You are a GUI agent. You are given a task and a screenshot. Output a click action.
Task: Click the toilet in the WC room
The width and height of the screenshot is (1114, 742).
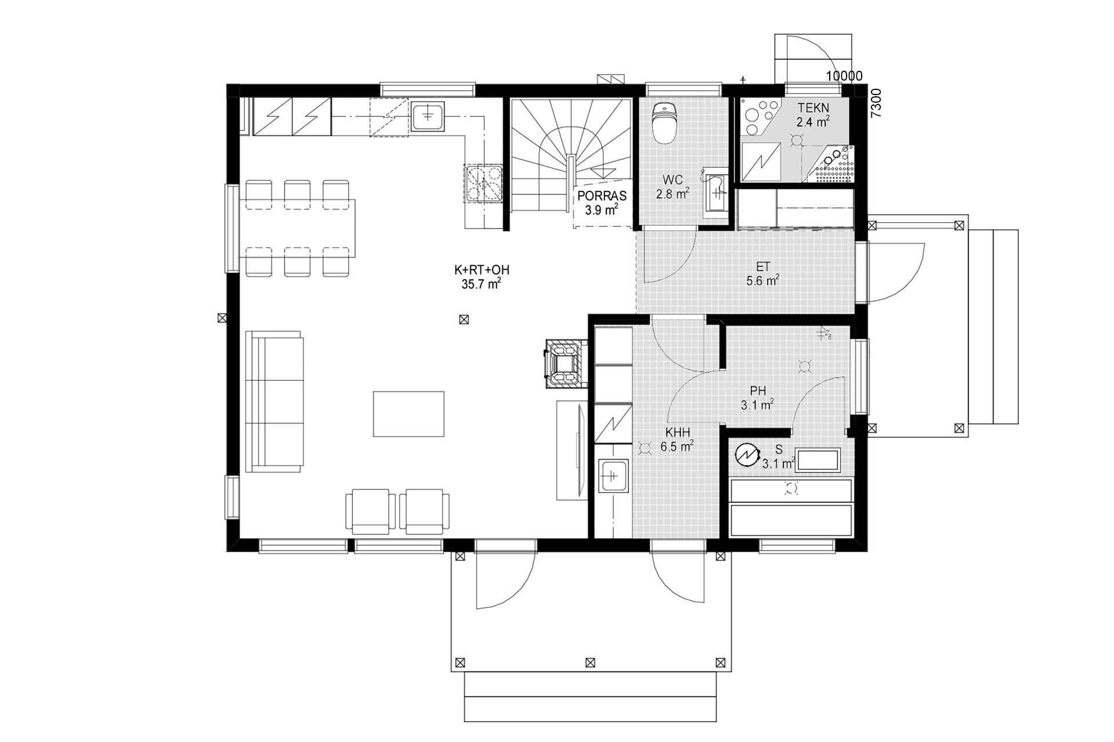[663, 123]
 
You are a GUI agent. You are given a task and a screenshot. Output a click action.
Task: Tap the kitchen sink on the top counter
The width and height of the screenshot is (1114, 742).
[428, 116]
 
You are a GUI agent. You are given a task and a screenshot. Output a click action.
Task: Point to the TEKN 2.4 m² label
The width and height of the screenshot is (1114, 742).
[812, 114]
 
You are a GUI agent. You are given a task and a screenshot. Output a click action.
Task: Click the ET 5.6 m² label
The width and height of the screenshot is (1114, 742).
[762, 274]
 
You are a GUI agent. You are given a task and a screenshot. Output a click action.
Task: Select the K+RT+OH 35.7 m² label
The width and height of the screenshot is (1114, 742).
[478, 277]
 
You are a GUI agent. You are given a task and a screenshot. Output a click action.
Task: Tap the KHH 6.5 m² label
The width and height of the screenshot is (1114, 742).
[677, 440]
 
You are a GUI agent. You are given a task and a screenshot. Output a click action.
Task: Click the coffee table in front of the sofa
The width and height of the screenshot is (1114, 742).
[408, 414]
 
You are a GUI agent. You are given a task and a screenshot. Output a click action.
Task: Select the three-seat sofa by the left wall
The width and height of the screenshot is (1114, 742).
[274, 401]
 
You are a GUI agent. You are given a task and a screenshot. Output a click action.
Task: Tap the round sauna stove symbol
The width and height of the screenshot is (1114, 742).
[745, 455]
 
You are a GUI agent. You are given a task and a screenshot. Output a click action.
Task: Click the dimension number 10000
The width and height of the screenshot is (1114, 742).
[844, 76]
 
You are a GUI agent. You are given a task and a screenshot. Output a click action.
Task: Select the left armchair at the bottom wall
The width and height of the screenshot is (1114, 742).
[370, 511]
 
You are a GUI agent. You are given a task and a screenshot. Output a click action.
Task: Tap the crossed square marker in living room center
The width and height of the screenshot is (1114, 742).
[463, 319]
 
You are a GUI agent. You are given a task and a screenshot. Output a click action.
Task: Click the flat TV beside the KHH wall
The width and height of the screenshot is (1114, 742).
[578, 450]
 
